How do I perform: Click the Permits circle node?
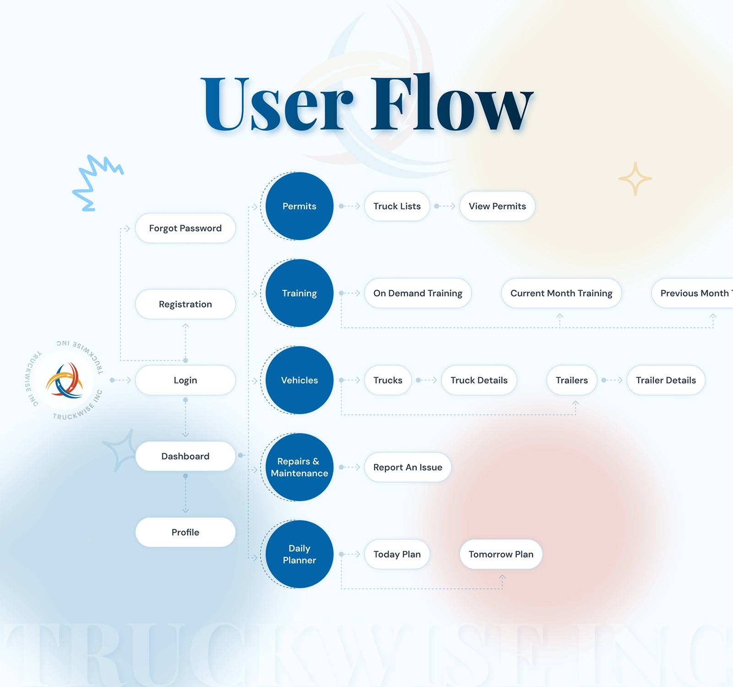coord(299,206)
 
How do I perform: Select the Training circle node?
coord(299,293)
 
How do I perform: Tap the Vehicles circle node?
coord(299,380)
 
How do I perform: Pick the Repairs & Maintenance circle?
coord(299,467)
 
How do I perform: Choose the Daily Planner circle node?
coord(299,554)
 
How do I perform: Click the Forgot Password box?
coord(185,228)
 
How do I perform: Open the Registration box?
coord(185,304)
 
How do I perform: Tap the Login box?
coord(185,380)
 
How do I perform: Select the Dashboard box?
coord(185,456)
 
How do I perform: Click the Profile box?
coord(185,532)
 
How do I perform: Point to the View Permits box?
coord(497,206)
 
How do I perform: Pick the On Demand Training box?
coord(417,293)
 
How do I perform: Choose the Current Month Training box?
coord(561,293)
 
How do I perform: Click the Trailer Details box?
coord(666,380)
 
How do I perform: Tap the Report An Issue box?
coord(408,467)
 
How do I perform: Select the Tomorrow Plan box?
coord(501,554)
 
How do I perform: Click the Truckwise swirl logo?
coord(65,380)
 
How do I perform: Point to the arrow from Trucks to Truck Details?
coord(427,380)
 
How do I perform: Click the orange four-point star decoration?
coord(635,179)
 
